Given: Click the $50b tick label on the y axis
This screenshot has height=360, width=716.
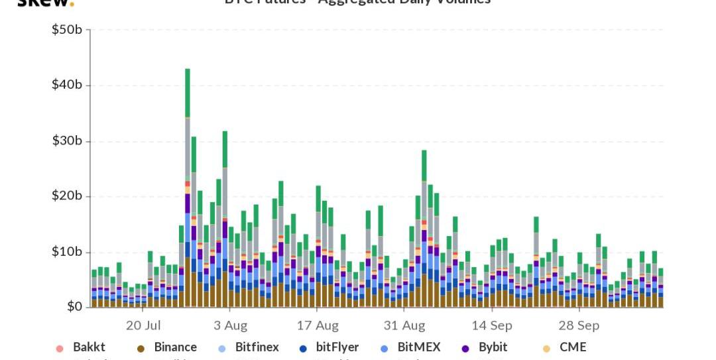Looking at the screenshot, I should (67, 30).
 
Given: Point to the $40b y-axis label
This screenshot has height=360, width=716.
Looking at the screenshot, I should (67, 85).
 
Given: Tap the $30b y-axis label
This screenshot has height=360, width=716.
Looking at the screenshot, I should (67, 141).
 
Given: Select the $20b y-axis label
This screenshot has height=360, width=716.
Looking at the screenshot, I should (67, 196).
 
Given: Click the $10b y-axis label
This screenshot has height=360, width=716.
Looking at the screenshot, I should (67, 252).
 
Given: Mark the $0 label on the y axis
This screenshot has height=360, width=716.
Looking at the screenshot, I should (74, 307).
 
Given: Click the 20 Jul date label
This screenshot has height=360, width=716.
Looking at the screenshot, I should (143, 326).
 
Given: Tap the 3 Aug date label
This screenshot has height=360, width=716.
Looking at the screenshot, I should (231, 326).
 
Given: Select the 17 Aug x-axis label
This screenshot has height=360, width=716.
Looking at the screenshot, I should (318, 326).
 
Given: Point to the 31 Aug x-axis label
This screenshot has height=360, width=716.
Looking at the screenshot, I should (404, 326).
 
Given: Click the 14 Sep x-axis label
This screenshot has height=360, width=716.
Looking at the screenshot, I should (492, 326).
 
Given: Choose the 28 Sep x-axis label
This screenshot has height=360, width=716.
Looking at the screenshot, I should (579, 326).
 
